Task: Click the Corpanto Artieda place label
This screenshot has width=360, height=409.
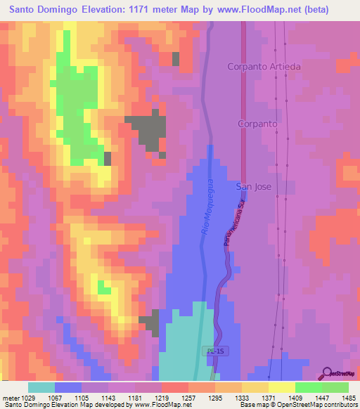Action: point(264,67)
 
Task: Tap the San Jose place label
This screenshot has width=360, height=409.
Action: point(252,186)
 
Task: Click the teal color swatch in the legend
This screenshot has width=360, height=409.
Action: point(41,387)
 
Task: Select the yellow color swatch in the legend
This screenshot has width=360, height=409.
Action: point(282,387)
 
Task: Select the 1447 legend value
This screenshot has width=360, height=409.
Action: point(322,397)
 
